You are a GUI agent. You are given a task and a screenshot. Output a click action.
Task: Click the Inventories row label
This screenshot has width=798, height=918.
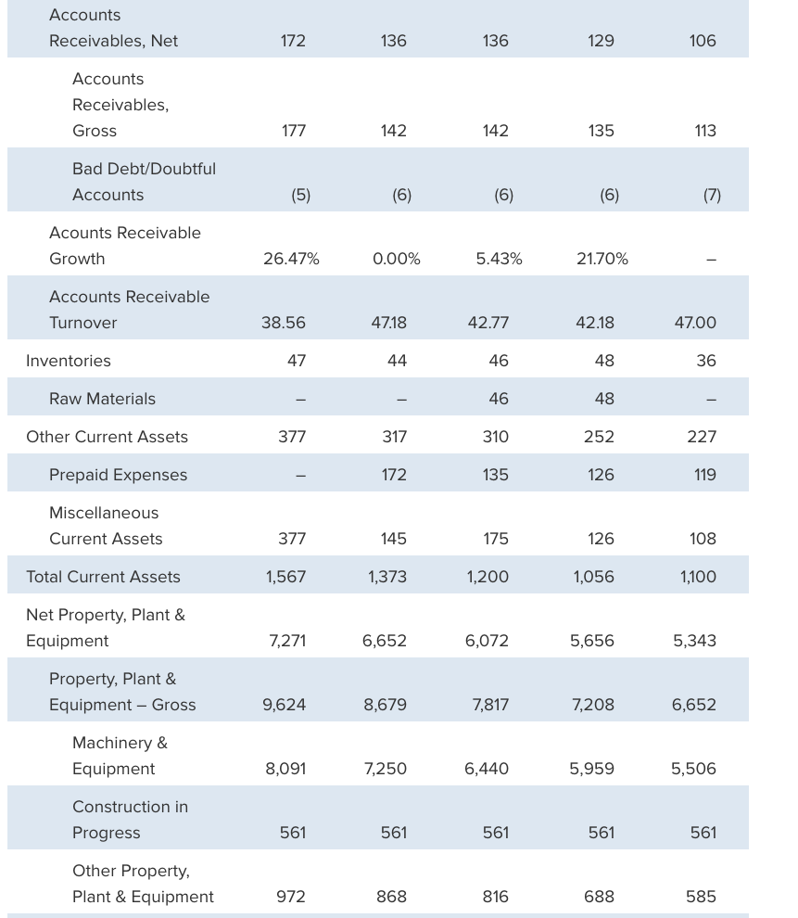pyautogui.click(x=69, y=361)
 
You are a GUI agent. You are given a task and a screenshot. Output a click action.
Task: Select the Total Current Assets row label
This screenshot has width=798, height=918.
pyautogui.click(x=103, y=577)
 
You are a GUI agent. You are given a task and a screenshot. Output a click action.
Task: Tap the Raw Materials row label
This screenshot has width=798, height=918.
pyautogui.click(x=102, y=399)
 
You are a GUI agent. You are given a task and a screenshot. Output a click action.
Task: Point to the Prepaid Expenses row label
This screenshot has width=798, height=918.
pyautogui.click(x=118, y=475)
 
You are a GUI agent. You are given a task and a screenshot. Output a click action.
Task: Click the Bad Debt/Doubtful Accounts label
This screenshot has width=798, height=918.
pyautogui.click(x=144, y=182)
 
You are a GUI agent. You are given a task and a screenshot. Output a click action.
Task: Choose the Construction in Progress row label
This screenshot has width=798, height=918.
pyautogui.click(x=130, y=820)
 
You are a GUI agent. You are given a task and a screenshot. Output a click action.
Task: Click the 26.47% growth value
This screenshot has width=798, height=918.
pyautogui.click(x=291, y=259)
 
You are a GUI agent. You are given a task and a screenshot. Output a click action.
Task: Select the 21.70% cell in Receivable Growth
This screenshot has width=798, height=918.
pyautogui.click(x=602, y=259)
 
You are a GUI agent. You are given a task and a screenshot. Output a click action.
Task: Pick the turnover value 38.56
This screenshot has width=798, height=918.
pyautogui.click(x=284, y=323)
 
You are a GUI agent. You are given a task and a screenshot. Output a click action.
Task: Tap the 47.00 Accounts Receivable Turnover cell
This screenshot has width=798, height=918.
pyautogui.click(x=694, y=323)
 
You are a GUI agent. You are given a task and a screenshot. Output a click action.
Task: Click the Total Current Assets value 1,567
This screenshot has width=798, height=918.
pyautogui.click(x=285, y=577)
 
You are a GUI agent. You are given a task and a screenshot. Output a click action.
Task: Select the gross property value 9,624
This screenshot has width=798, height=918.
pyautogui.click(x=285, y=705)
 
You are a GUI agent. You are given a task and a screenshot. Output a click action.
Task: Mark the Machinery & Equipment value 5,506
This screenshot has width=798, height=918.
pyautogui.click(x=694, y=769)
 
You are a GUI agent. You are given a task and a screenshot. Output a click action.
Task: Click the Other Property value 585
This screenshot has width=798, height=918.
pyautogui.click(x=701, y=897)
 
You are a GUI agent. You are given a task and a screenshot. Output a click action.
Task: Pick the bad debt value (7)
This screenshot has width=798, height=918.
pyautogui.click(x=711, y=195)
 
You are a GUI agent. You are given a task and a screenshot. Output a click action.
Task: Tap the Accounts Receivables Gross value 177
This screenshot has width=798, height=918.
pyautogui.click(x=293, y=131)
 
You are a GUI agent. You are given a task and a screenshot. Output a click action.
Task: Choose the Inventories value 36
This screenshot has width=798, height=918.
pyautogui.click(x=705, y=361)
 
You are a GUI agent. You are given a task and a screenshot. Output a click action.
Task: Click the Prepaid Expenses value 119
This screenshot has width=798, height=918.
pyautogui.click(x=704, y=475)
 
